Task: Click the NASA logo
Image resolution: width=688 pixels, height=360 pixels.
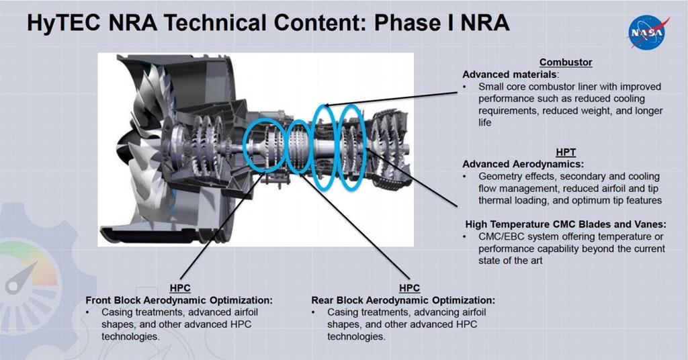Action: pyautogui.click(x=648, y=32)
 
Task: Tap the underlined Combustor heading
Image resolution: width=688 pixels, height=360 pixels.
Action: pyautogui.click(x=566, y=62)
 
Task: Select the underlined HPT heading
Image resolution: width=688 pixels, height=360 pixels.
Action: pyautogui.click(x=566, y=152)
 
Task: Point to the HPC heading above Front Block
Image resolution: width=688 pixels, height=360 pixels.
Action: pyautogui.click(x=180, y=288)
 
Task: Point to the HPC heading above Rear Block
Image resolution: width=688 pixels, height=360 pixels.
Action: pyautogui.click(x=409, y=288)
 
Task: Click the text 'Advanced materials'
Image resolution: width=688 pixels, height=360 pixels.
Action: pyautogui.click(x=509, y=75)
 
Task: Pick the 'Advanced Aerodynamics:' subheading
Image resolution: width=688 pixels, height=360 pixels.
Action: pyautogui.click(x=523, y=164)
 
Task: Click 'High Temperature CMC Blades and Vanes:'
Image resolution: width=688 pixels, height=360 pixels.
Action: pyautogui.click(x=566, y=224)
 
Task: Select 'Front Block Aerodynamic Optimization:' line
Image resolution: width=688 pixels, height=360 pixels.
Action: pyautogui.click(x=179, y=300)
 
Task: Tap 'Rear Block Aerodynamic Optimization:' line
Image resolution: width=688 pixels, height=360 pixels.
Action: pyautogui.click(x=403, y=300)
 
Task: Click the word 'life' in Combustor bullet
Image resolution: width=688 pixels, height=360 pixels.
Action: pyautogui.click(x=485, y=122)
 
